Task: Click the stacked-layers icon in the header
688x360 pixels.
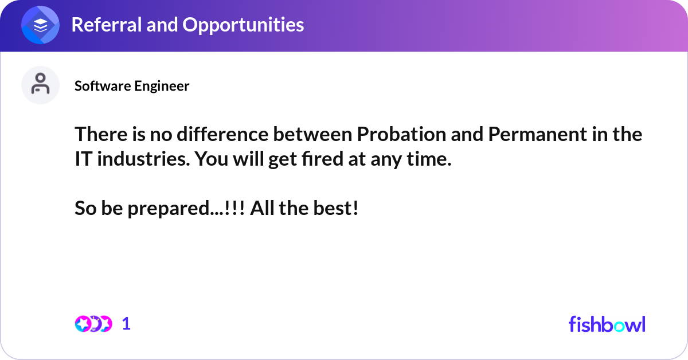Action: pyautogui.click(x=40, y=25)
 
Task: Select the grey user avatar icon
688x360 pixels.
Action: pyautogui.click(x=40, y=85)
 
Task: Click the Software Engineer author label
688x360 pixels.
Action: pyautogui.click(x=132, y=86)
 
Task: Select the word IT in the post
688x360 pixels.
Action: pyautogui.click(x=84, y=159)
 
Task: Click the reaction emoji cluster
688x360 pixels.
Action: pyautogui.click(x=93, y=324)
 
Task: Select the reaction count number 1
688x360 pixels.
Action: pyautogui.click(x=126, y=324)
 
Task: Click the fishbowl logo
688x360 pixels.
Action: pyautogui.click(x=607, y=324)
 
